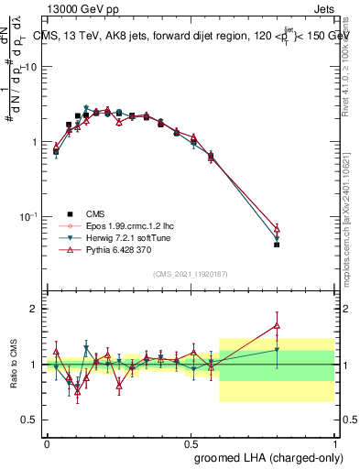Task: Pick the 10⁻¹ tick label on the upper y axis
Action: coord(29,217)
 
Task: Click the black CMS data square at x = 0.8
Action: coord(277,245)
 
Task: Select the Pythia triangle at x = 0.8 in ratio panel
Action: coord(277,325)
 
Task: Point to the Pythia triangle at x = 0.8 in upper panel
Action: coord(277,228)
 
